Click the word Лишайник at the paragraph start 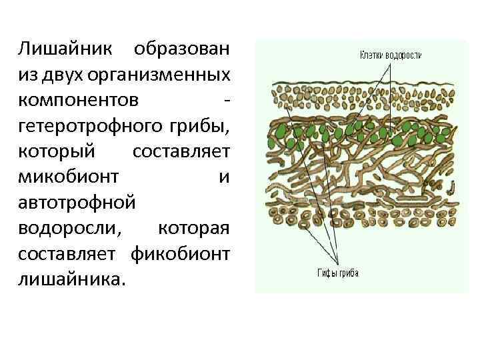63,49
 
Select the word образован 181,49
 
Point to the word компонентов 79,100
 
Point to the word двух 63,75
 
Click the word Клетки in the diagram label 371,55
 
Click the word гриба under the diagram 349,272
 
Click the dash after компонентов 229,100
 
